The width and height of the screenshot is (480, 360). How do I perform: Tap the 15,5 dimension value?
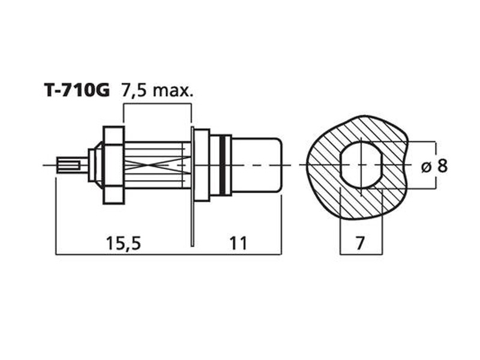(x=123, y=243)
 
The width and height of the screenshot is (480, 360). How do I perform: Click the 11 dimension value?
(x=238, y=243)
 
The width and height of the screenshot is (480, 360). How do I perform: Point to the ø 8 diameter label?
(x=434, y=166)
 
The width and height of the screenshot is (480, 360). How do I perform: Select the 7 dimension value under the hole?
(x=361, y=243)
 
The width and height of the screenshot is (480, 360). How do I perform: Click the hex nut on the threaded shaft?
(x=114, y=165)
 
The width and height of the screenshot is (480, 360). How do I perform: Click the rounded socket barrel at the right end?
(x=257, y=165)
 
